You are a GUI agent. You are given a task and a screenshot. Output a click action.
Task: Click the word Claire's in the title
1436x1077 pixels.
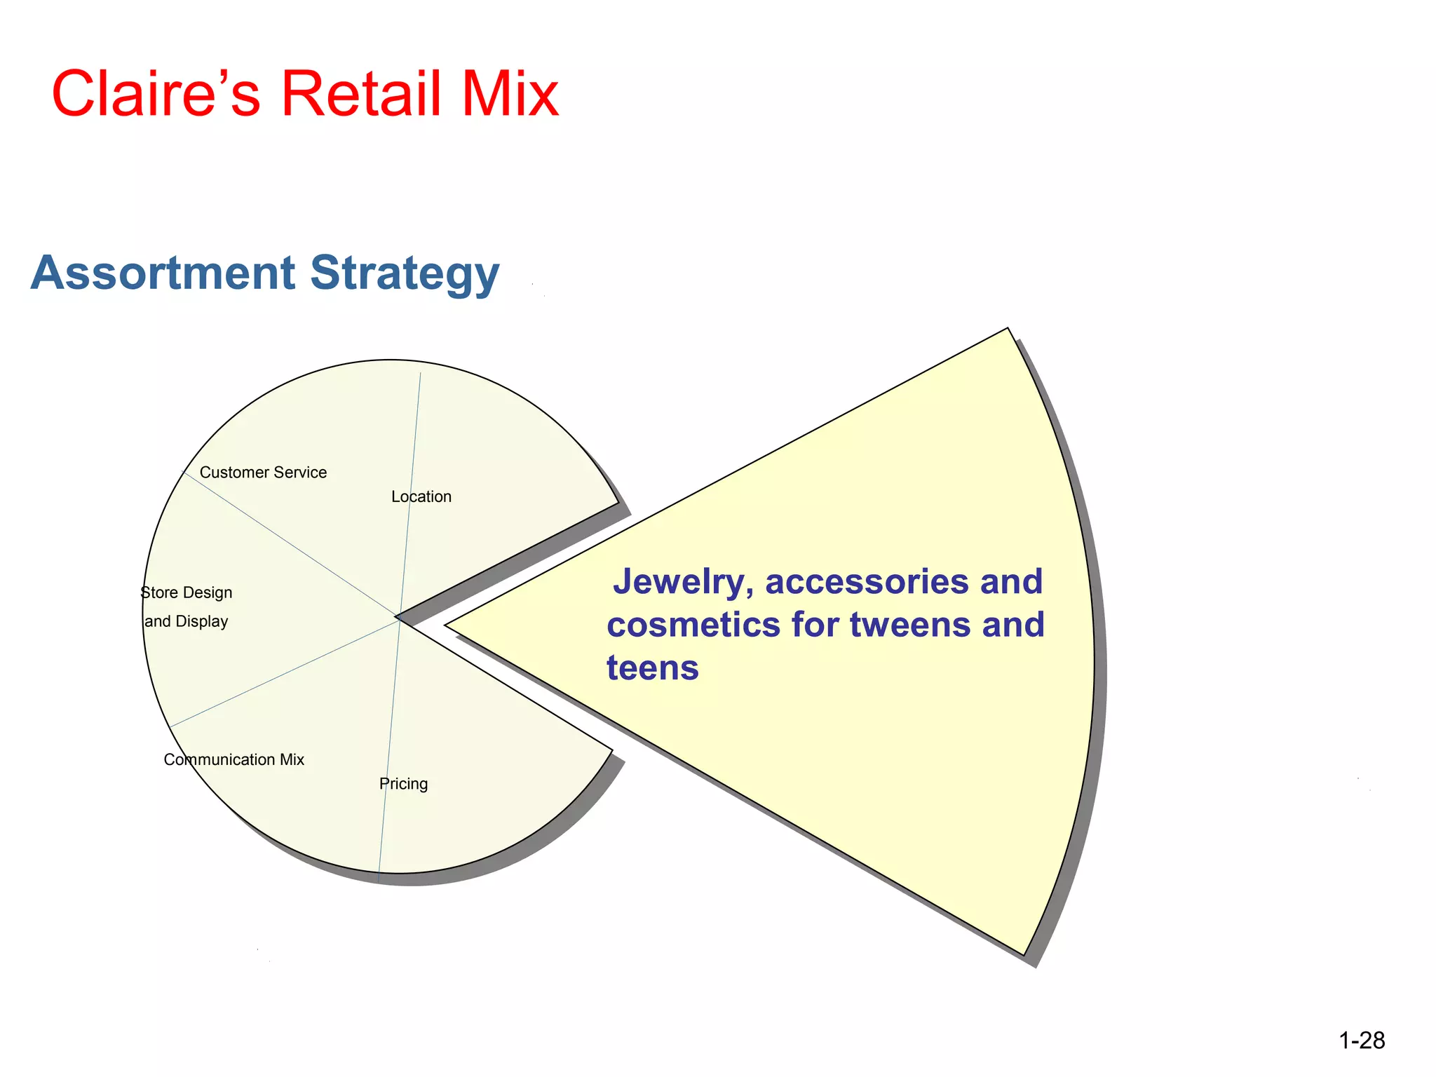coord(156,94)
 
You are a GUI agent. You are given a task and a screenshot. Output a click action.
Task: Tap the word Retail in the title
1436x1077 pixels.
coord(362,94)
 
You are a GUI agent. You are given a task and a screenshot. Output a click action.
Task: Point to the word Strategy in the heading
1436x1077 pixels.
coord(405,273)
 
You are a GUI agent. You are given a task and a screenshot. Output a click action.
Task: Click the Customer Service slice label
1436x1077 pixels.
coord(263,473)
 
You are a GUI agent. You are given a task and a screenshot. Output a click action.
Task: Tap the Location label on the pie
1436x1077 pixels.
coord(421,496)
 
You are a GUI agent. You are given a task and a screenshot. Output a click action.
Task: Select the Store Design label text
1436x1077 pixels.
coord(187,592)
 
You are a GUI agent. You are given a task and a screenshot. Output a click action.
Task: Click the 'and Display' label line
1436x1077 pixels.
coord(187,621)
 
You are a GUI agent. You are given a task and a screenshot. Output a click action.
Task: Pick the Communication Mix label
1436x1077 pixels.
coord(233,759)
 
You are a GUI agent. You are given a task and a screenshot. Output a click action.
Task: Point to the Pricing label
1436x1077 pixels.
coord(403,784)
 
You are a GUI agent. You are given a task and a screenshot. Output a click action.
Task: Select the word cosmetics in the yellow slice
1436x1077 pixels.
coord(693,624)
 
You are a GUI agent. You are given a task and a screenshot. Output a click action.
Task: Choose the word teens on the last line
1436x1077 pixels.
coord(653,668)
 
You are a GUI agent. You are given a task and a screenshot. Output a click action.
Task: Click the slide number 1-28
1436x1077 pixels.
coord(1362,1041)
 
